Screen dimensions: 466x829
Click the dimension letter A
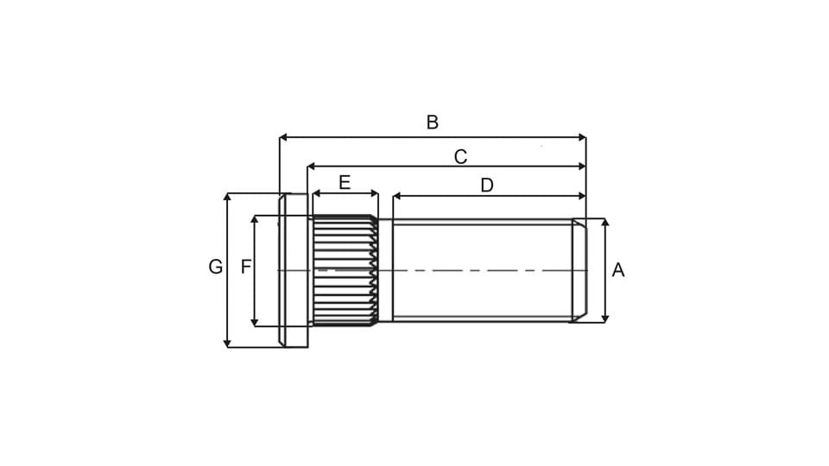pyautogui.click(x=617, y=270)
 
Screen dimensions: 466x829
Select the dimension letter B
pyautogui.click(x=433, y=123)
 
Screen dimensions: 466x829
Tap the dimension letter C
pyautogui.click(x=460, y=156)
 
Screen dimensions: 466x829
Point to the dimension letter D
pyautogui.click(x=486, y=186)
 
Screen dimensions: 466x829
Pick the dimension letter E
pyautogui.click(x=345, y=182)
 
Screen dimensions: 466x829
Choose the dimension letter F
pyautogui.click(x=246, y=268)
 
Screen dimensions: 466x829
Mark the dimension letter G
pyautogui.click(x=215, y=268)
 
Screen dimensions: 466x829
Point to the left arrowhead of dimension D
pyautogui.click(x=397, y=196)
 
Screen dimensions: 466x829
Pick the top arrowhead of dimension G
pyautogui.click(x=227, y=198)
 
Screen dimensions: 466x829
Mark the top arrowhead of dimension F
pyautogui.click(x=255, y=220)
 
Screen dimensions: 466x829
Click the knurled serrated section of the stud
pyautogui.click(x=344, y=270)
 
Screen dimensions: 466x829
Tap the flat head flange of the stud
pyautogui.click(x=293, y=270)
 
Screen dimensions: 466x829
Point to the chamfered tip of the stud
pyautogui.click(x=579, y=270)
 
